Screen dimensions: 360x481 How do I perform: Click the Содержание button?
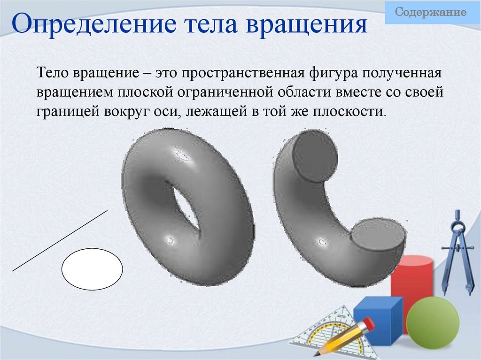point(431,13)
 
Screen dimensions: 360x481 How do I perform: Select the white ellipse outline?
point(92,269)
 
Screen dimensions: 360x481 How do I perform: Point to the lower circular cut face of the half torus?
point(378,234)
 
